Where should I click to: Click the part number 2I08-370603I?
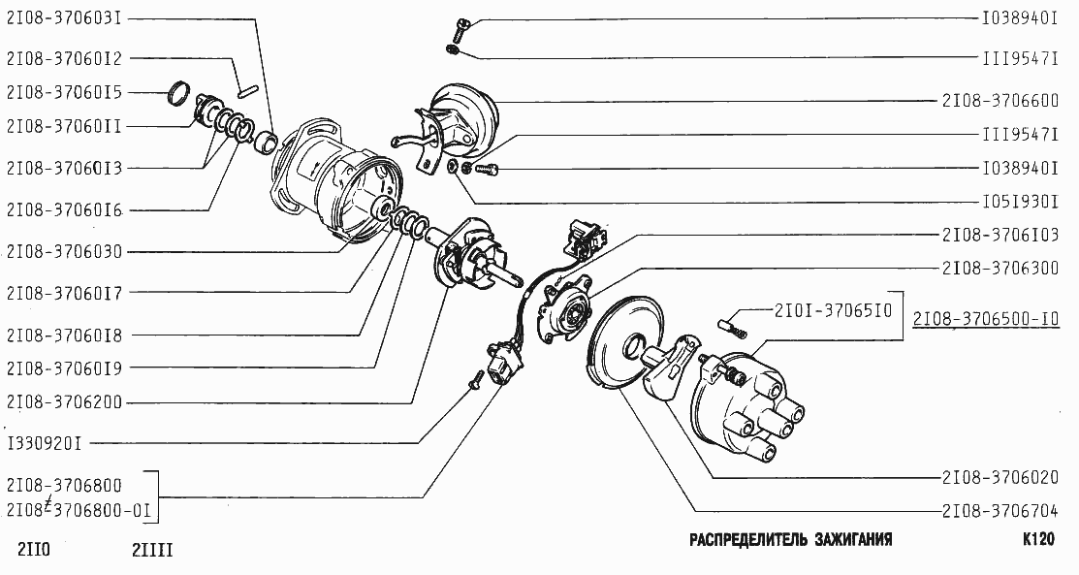(x=64, y=18)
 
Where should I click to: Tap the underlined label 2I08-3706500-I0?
(x=984, y=319)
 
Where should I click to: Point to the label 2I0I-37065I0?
(x=833, y=311)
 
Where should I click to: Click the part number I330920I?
(x=45, y=444)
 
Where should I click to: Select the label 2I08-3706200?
(x=64, y=401)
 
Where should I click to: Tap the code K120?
(x=1037, y=540)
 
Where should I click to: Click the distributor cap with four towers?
(x=742, y=407)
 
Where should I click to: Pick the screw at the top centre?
(x=460, y=26)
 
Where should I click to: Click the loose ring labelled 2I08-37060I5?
(x=178, y=94)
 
